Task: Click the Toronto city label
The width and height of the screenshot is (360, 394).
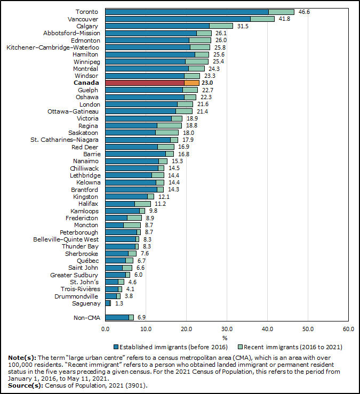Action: pos(87,12)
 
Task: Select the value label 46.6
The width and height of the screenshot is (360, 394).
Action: pos(305,12)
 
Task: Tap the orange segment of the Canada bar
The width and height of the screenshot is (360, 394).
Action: pos(192,83)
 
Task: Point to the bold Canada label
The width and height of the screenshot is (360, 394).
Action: pos(86,83)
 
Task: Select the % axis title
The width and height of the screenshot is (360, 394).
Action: pos(225,338)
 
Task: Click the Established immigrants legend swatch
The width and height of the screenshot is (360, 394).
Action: pos(116,347)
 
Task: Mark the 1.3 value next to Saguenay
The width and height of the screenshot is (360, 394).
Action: pos(119,303)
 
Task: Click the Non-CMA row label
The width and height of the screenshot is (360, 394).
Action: pos(86,318)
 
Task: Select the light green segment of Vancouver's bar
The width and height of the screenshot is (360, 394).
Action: pos(262,19)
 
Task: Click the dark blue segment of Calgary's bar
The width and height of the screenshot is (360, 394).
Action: pos(157,26)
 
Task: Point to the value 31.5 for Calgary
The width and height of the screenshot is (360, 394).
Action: pos(243,26)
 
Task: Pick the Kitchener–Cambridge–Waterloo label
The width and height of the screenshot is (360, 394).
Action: pos(52,47)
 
